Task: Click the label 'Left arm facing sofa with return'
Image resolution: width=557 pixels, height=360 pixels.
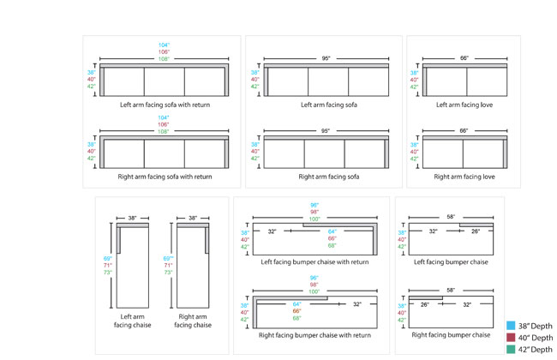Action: [165, 105]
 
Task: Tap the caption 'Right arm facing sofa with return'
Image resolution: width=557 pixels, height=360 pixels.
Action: [165, 177]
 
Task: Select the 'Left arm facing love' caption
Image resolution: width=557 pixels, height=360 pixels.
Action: [465, 105]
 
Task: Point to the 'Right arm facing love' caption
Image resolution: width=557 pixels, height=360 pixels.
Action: [465, 177]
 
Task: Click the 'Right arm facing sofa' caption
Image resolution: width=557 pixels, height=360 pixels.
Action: [329, 177]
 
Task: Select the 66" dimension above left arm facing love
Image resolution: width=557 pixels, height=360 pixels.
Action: [464, 58]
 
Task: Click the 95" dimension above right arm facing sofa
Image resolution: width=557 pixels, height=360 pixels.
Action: [326, 131]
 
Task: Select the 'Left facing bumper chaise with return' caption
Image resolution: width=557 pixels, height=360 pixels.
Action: [314, 261]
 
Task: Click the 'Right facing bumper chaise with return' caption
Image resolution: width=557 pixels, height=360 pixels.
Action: [314, 334]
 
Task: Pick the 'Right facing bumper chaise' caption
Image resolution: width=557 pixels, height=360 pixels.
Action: [452, 334]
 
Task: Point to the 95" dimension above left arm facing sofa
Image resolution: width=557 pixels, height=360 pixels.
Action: [326, 58]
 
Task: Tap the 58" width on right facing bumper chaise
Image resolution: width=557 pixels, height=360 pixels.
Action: [451, 291]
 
